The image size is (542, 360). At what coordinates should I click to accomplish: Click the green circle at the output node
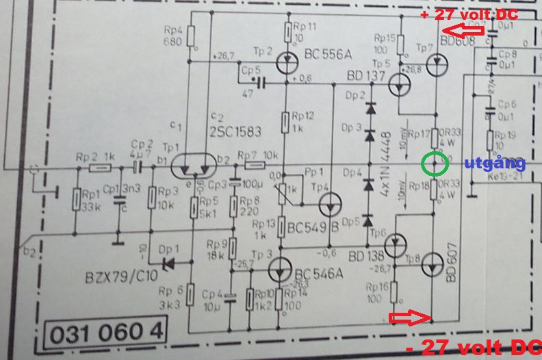coord(435,164)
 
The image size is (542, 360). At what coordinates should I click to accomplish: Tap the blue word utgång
coord(495,163)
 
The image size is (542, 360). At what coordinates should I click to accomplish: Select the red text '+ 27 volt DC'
coord(469,14)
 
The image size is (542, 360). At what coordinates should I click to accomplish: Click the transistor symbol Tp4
coord(332,204)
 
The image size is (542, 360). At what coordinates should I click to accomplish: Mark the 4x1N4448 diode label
coord(388,162)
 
